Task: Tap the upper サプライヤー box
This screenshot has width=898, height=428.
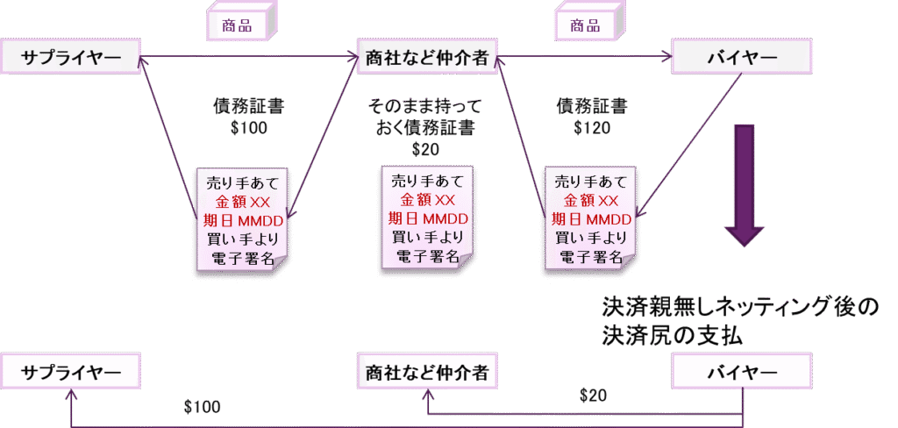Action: (x=71, y=57)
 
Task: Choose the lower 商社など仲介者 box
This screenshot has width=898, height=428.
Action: (x=427, y=372)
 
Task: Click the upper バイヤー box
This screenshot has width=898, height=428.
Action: (x=741, y=57)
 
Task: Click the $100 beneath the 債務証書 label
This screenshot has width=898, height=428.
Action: (x=247, y=127)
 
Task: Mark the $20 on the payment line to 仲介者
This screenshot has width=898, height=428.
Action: (x=593, y=396)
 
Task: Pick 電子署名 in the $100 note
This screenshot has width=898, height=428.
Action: (x=243, y=258)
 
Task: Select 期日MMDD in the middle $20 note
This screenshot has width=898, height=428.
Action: (x=427, y=218)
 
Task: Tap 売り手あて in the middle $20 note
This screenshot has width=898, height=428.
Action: (x=427, y=182)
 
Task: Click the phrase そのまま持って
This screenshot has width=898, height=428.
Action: (x=425, y=107)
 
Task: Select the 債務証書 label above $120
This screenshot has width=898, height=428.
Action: (x=592, y=106)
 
